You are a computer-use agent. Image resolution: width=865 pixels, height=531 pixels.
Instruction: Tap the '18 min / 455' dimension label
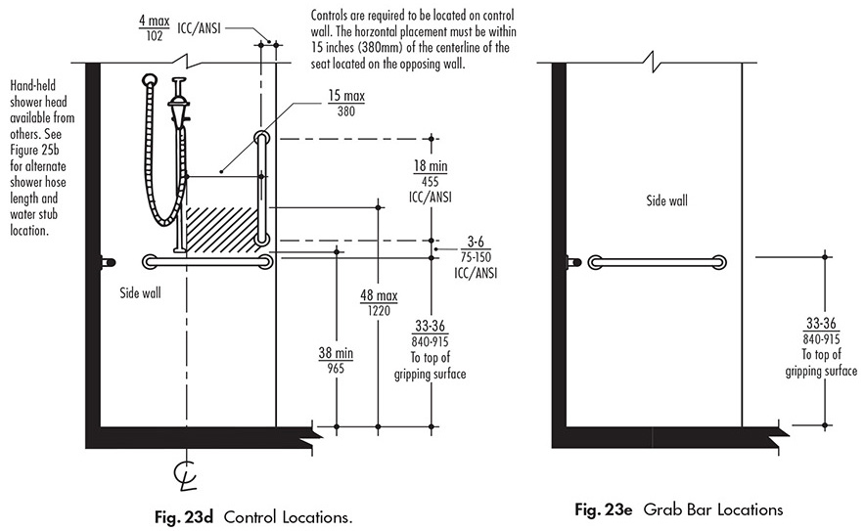coord(431,173)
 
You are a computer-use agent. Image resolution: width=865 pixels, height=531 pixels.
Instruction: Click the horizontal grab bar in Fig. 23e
coord(658,261)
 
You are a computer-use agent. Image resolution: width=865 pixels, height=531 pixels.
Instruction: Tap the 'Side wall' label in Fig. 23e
coord(665,200)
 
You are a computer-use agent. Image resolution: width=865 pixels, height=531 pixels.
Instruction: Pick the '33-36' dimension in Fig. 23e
coord(820,324)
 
